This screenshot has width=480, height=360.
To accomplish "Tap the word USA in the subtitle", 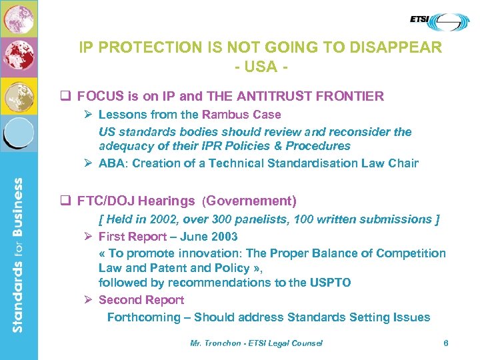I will coord(260,67).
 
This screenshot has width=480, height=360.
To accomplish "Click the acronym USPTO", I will coord(330,283).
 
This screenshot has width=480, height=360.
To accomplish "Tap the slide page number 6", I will coord(446,343).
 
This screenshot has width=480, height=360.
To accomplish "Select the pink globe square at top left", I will coord(18,18).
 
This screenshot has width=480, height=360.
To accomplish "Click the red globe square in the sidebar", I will coord(18,57).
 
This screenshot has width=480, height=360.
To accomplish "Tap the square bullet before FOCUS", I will coord(66,97).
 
